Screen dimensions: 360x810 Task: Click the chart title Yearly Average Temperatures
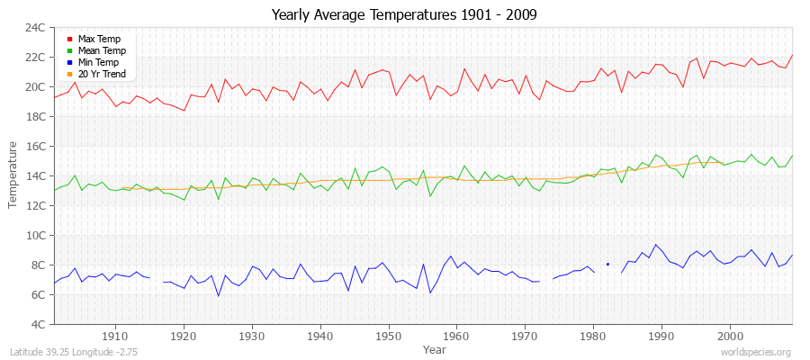(404, 14)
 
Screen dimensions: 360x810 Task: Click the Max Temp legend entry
(99, 40)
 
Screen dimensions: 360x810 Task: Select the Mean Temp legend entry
(102, 51)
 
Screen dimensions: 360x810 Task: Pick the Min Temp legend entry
(98, 62)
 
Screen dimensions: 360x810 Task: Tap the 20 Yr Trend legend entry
(102, 74)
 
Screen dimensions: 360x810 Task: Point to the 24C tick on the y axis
(36, 28)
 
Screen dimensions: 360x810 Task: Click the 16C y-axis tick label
(36, 146)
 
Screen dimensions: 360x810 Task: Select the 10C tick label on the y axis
(36, 235)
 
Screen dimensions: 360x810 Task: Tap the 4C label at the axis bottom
(39, 324)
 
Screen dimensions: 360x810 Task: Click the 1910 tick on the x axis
(116, 335)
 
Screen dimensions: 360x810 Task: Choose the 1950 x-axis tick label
(389, 335)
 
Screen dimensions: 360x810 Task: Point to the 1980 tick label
(593, 335)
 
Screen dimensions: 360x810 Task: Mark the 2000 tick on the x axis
(730, 335)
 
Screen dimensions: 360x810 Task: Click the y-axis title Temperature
(13, 175)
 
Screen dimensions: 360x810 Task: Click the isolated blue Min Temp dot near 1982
(607, 264)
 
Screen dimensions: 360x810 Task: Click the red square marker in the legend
(69, 40)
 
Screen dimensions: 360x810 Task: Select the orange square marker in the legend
(69, 74)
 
